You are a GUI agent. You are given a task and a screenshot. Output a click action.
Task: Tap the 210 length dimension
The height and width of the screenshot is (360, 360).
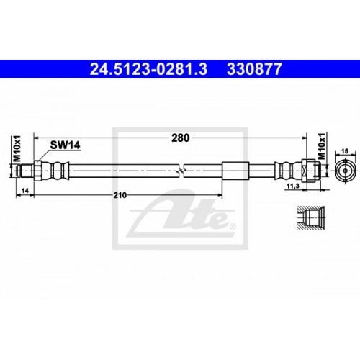[x=121, y=194]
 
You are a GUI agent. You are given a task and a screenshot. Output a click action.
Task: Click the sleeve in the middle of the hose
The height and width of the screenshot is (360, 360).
[x=235, y=171]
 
